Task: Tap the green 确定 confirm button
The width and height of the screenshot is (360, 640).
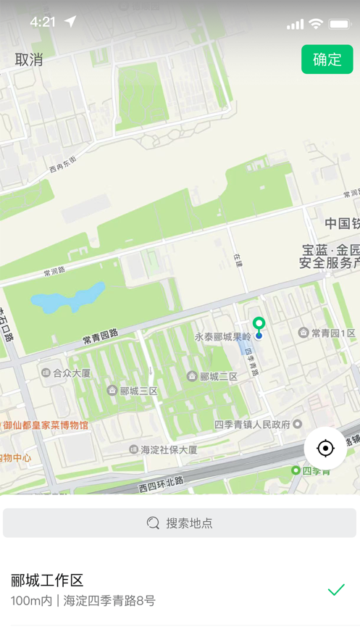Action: click(327, 59)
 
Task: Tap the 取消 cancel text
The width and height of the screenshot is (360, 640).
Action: click(29, 59)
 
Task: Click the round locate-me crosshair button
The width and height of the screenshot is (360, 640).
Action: click(325, 449)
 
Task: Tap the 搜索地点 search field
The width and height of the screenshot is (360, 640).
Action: click(180, 523)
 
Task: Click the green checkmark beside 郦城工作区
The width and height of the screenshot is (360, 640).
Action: click(336, 590)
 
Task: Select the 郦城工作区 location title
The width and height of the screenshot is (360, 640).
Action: click(47, 580)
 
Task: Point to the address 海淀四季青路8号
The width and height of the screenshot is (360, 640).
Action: click(109, 601)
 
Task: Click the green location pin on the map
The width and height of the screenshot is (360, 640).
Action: click(259, 325)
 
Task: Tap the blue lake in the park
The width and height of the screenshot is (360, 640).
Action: click(69, 297)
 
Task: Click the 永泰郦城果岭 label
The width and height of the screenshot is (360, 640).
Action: click(222, 336)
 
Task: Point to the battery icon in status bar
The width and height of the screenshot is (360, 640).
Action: click(339, 24)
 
